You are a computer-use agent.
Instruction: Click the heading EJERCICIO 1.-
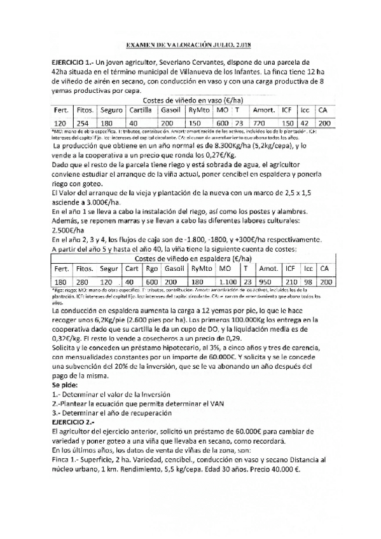78,64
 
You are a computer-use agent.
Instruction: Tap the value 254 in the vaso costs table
82,123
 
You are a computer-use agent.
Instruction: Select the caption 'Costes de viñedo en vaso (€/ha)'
193,100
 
